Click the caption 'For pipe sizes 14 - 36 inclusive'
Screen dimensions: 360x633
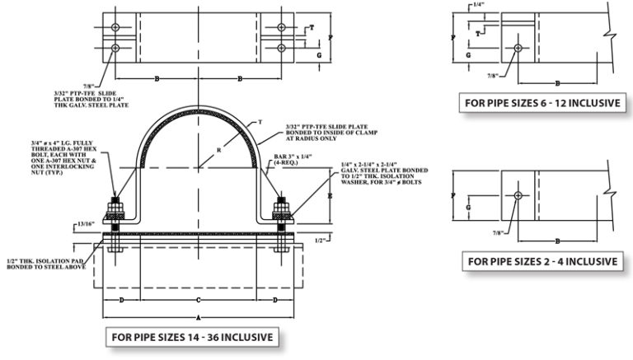tap(190, 337)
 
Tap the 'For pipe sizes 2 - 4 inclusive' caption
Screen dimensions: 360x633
tap(543, 261)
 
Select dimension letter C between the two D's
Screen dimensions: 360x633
tap(197, 300)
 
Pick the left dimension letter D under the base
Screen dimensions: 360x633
tap(122, 300)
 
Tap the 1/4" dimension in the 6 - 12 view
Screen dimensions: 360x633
tap(479, 5)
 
